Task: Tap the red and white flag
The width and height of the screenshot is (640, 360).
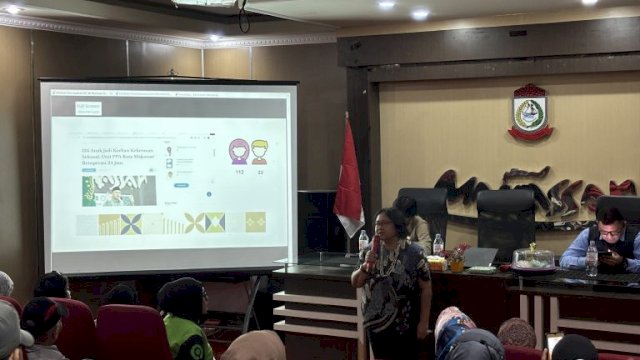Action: coord(348,181)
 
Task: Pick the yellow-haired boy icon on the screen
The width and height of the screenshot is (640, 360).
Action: coord(260,152)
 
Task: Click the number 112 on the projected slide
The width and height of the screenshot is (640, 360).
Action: coord(239,171)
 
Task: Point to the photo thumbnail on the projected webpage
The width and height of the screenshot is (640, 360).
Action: coord(118,190)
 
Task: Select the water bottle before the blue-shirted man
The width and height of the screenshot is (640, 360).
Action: coord(592,259)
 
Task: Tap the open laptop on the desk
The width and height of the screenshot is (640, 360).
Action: coord(480,257)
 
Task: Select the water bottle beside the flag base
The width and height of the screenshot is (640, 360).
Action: coord(364,242)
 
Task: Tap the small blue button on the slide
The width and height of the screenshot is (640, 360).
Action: coord(181,185)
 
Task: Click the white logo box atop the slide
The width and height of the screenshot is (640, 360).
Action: coord(88,108)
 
